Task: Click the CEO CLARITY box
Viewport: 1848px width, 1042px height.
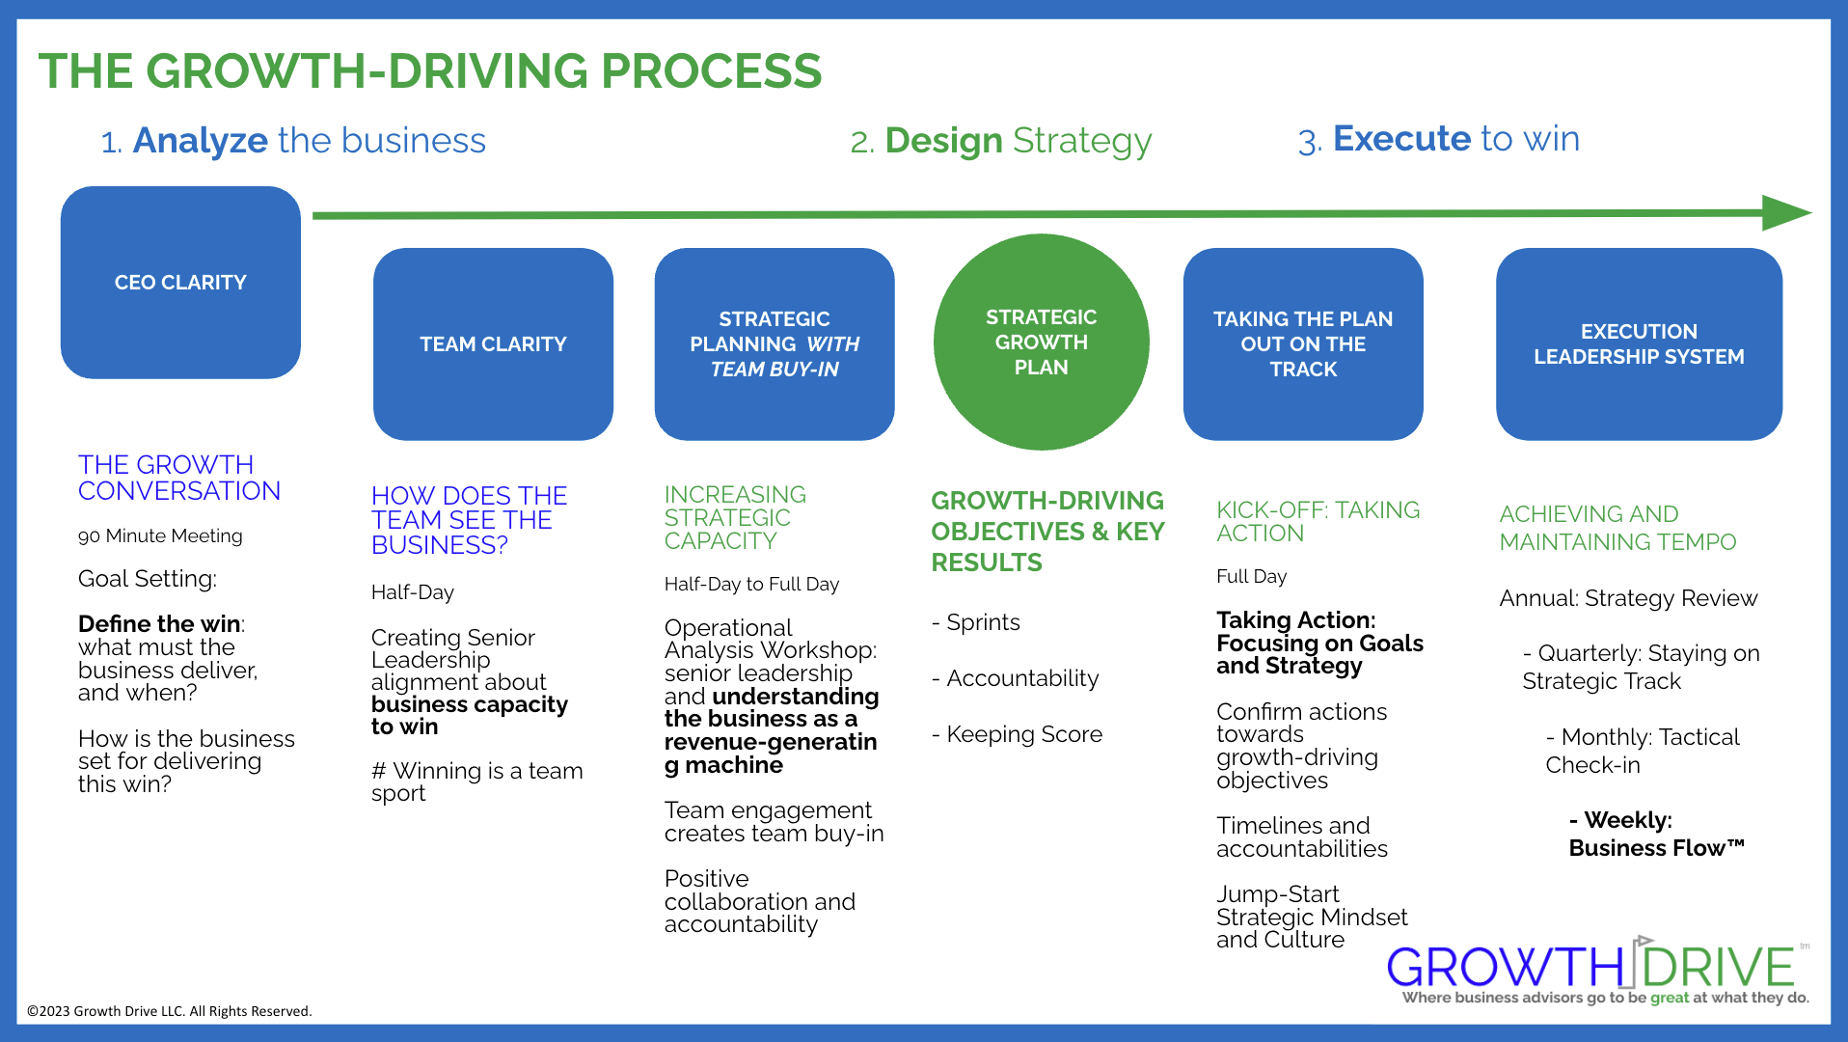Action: coord(180,282)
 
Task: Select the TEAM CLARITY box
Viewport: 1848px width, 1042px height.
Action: coord(493,343)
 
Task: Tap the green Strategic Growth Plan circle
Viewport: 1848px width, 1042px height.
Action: coord(1041,342)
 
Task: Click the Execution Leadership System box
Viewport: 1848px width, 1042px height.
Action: coord(1638,343)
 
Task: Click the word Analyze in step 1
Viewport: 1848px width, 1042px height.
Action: coord(201,141)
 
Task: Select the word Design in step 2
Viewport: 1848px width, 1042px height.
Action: coord(944,141)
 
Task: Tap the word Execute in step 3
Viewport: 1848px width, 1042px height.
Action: coord(1401,139)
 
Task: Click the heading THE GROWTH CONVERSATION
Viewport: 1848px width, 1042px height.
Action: coord(178,478)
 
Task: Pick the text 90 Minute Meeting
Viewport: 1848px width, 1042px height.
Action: coord(160,535)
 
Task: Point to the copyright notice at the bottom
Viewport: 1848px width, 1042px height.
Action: coord(169,1011)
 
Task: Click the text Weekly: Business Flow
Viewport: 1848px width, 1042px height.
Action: coord(1655,834)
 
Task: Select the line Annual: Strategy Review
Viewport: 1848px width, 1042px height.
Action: coord(1628,598)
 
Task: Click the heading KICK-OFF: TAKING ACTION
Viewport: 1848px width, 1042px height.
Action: coord(1318,521)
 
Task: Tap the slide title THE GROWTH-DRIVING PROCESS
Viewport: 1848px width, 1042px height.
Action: coord(430,71)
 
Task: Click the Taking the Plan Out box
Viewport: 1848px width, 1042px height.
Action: coord(1302,343)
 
